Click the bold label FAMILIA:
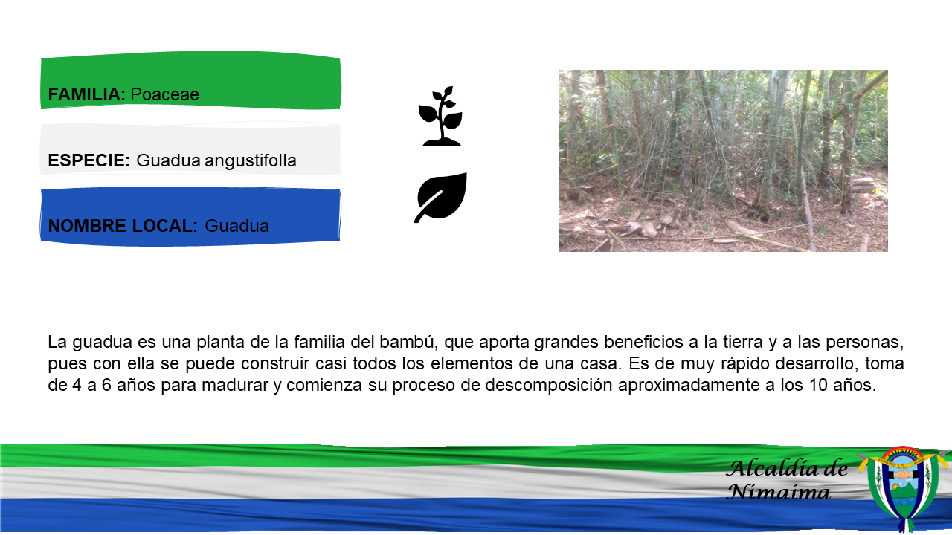click(87, 94)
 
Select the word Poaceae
click(164, 94)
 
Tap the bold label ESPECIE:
click(89, 160)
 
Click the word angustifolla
click(251, 161)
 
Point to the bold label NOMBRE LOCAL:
click(123, 226)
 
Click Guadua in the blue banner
click(237, 226)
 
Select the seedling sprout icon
click(440, 116)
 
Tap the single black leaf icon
click(441, 198)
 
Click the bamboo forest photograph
click(723, 161)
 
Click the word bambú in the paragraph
click(408, 342)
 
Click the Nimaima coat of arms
click(903, 488)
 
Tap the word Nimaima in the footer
click(778, 492)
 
